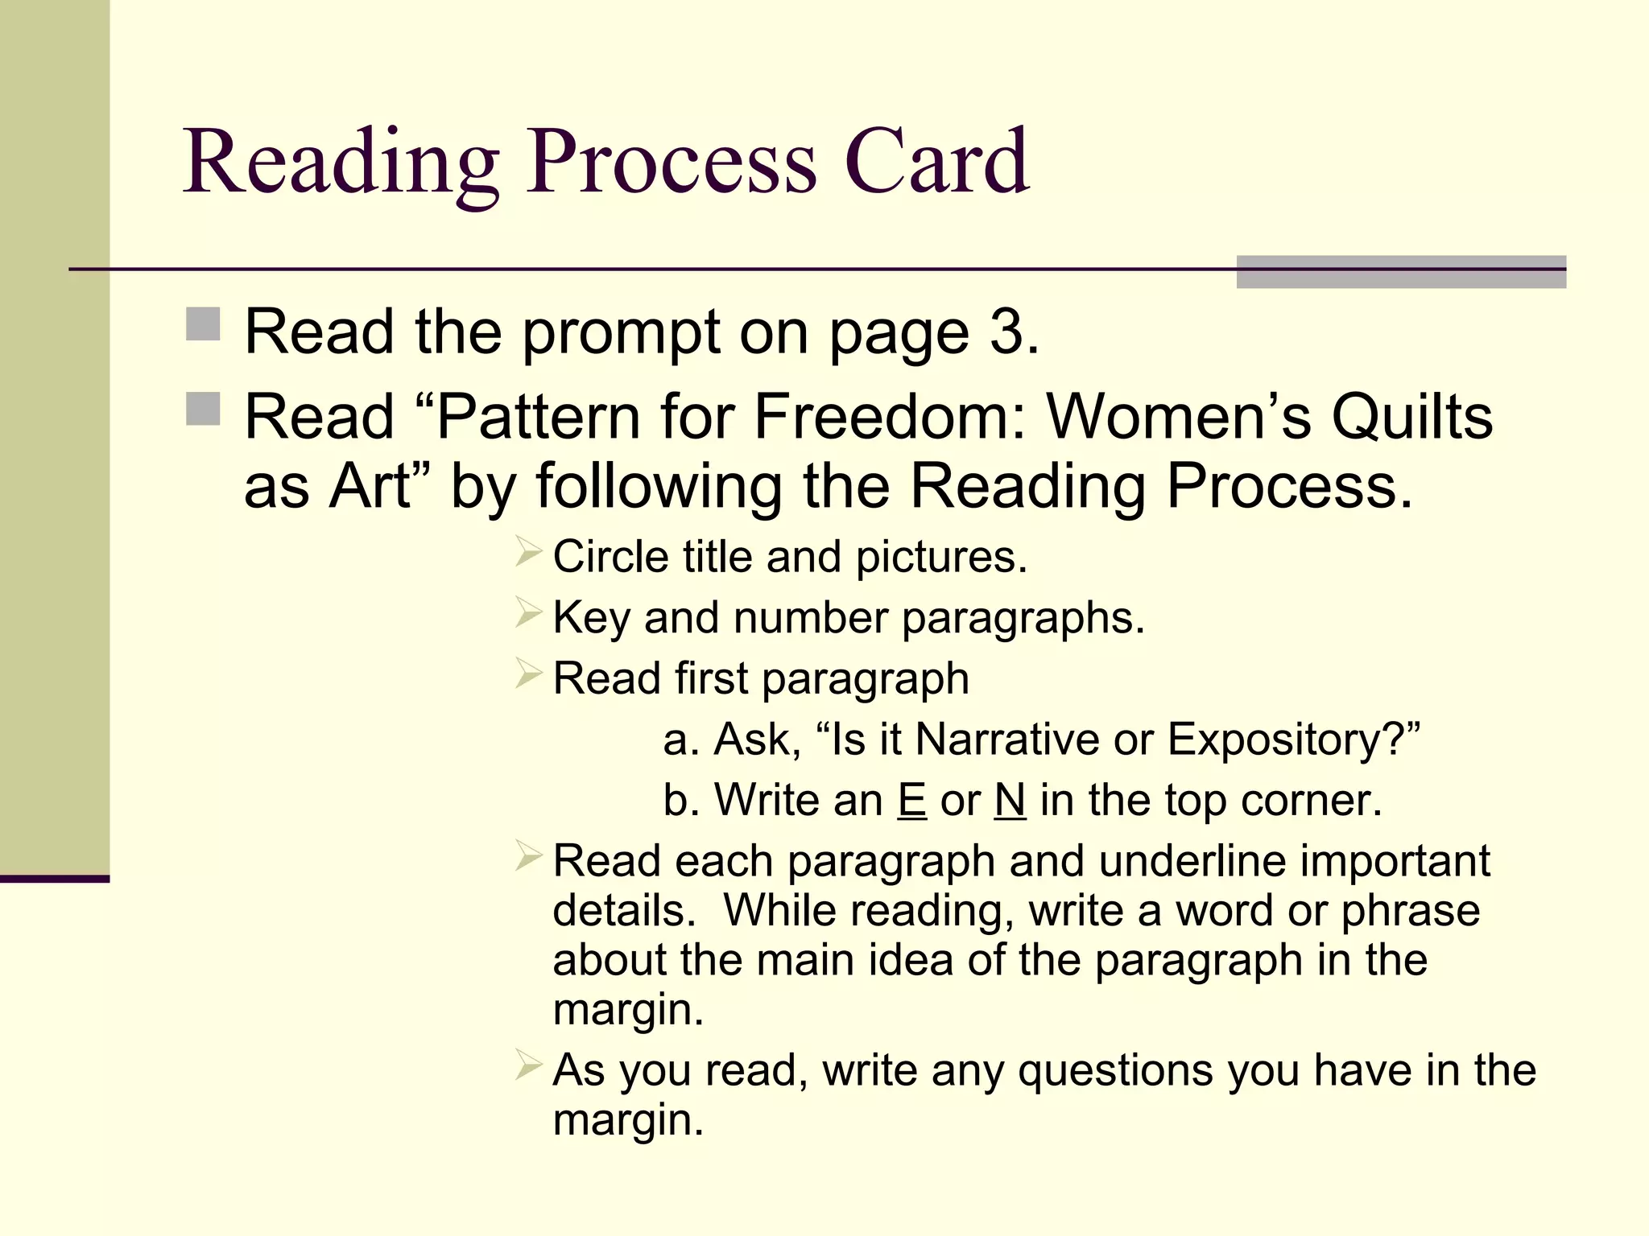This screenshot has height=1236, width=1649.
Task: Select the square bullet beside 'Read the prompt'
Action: tap(203, 324)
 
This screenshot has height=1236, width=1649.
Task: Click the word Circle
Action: tap(610, 557)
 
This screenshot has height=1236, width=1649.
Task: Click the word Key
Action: tap(591, 618)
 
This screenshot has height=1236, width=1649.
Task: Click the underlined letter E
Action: tap(911, 800)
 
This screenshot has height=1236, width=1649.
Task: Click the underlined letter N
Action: tap(1010, 800)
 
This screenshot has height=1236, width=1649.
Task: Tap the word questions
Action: tap(1114, 1070)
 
